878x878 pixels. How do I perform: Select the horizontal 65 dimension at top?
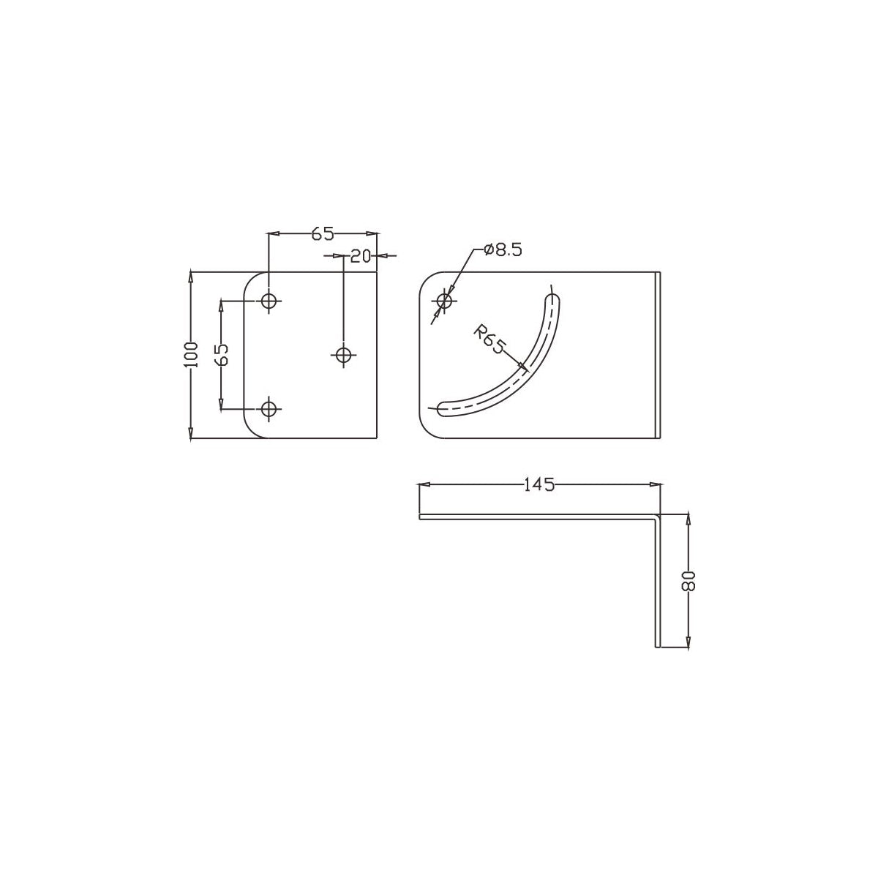tap(322, 233)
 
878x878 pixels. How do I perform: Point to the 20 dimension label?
tap(360, 255)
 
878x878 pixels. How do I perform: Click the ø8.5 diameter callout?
tap(503, 250)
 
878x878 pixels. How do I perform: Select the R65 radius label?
tap(489, 341)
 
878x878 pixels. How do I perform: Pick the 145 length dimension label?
tap(539, 484)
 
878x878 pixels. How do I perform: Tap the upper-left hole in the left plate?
tap(269, 301)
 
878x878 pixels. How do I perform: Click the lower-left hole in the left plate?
tap(269, 408)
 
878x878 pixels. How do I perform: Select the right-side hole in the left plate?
tap(343, 355)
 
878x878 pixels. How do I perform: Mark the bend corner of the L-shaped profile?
tap(658, 517)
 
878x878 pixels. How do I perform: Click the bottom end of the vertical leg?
tap(657, 646)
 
